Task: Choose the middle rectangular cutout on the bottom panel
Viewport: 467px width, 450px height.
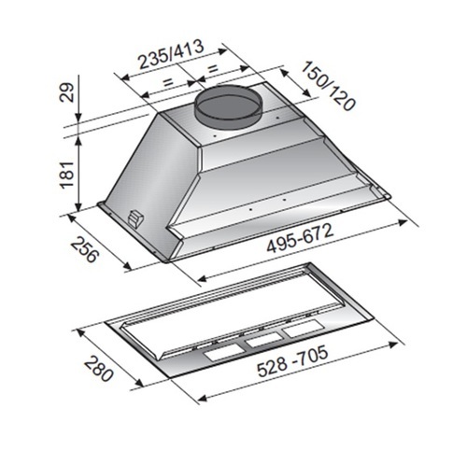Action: (x=264, y=343)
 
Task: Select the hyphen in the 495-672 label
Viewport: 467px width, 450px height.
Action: (x=314, y=241)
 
